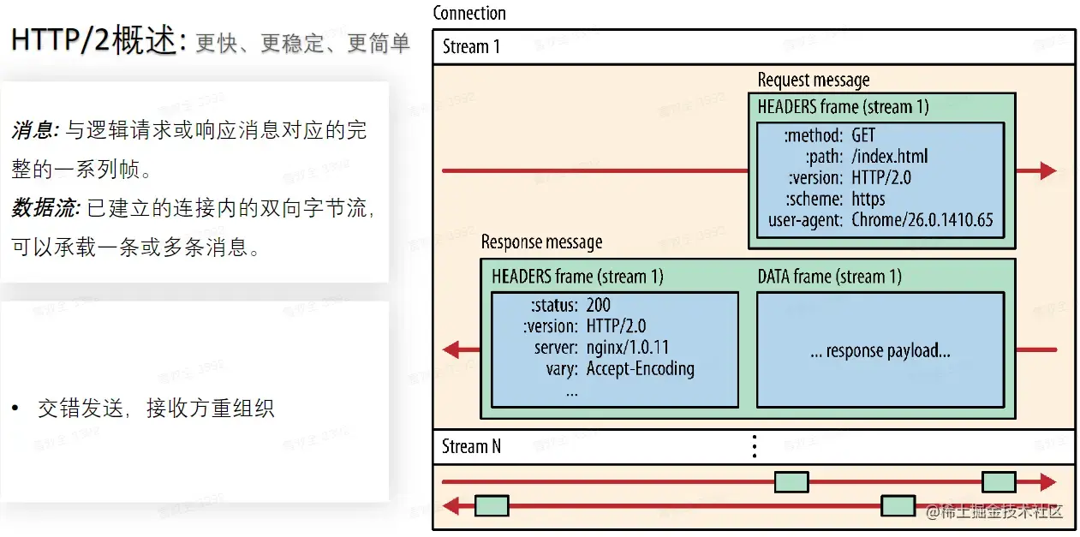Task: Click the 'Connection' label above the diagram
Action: pyautogui.click(x=468, y=13)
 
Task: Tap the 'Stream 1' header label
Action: pyautogui.click(x=471, y=46)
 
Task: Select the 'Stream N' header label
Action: pyautogui.click(x=471, y=446)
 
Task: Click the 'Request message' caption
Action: pyautogui.click(x=813, y=80)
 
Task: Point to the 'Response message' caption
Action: pyautogui.click(x=541, y=242)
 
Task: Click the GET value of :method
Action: pyautogui.click(x=863, y=135)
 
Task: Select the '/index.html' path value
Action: pyautogui.click(x=889, y=156)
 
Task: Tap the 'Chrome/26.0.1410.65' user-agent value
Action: pyautogui.click(x=922, y=220)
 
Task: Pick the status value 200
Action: pyautogui.click(x=598, y=305)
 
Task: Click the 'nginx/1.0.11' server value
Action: pyautogui.click(x=627, y=348)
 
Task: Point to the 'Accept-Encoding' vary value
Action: pyautogui.click(x=640, y=369)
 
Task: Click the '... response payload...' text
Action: pyautogui.click(x=880, y=350)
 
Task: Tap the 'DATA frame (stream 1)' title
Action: pyautogui.click(x=829, y=277)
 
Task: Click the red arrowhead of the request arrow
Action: pyautogui.click(x=1047, y=170)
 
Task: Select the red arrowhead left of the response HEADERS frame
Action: pyautogui.click(x=451, y=349)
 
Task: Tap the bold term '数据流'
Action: pyautogui.click(x=46, y=207)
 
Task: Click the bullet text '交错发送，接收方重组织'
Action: pyautogui.click(x=155, y=409)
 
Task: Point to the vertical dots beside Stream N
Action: pyautogui.click(x=755, y=446)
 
